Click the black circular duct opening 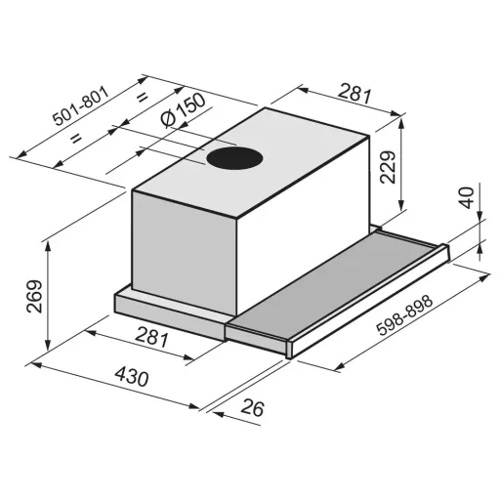234,158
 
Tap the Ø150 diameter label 184,110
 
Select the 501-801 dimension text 81,105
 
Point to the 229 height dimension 388,167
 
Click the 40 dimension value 468,197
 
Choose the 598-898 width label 404,314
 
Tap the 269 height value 34,296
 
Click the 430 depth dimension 132,377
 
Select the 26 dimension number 252,407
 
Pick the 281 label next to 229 354,93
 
